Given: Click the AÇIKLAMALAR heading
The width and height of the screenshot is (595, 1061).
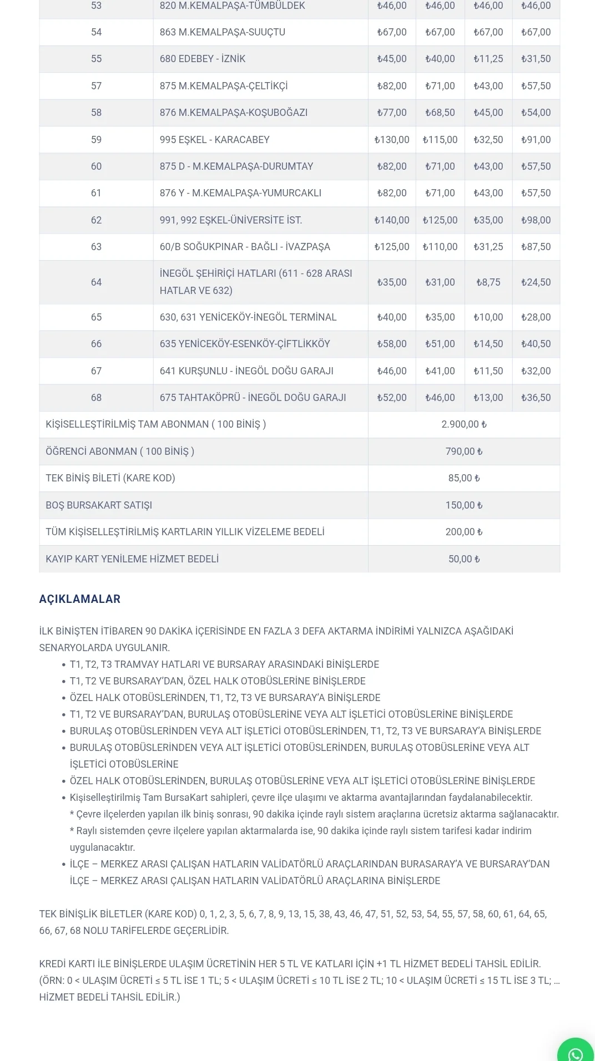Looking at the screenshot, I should [x=79, y=599].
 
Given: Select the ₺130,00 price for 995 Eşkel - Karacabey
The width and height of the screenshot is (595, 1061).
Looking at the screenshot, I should [x=392, y=140].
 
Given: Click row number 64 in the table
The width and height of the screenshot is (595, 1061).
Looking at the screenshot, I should [x=96, y=282].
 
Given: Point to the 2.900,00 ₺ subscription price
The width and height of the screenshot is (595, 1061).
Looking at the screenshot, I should [x=464, y=424].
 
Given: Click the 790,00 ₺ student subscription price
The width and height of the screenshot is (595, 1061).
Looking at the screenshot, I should [x=464, y=451].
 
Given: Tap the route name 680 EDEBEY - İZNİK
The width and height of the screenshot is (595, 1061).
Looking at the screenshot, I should [x=203, y=59].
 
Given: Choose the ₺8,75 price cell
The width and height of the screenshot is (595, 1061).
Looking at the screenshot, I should [x=488, y=282].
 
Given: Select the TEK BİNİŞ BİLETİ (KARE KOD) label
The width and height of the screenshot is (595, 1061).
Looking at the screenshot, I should [x=110, y=478].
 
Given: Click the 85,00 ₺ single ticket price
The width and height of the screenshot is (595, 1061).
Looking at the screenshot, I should [x=464, y=478].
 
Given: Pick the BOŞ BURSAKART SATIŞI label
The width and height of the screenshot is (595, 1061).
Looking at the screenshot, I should [x=99, y=505].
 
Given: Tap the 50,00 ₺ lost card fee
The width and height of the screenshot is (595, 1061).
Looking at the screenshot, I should [x=464, y=559].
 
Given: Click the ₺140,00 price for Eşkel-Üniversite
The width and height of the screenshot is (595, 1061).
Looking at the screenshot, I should [x=392, y=220].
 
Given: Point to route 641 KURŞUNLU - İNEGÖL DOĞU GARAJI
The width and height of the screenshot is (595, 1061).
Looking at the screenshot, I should [x=246, y=371].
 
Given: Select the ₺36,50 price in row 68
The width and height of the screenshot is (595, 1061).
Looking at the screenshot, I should [x=536, y=398].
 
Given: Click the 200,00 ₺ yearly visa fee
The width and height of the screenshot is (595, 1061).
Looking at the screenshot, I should [x=464, y=532].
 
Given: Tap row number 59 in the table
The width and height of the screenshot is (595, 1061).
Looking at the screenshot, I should [x=96, y=140].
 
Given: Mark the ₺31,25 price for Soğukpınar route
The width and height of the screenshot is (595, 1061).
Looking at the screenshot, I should [x=488, y=247].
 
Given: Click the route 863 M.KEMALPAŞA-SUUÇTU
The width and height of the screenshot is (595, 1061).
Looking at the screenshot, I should [x=223, y=32].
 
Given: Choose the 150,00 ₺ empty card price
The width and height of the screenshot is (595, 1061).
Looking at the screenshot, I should [x=464, y=505].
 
